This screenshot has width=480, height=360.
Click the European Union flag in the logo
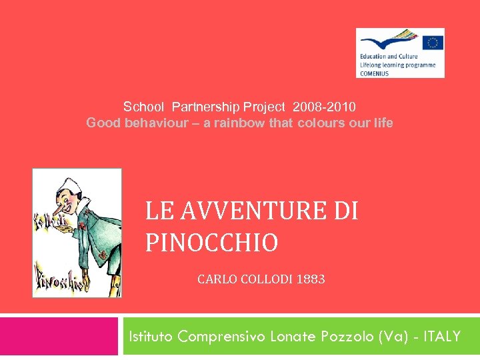tap(433, 42)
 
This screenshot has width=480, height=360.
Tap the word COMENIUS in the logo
tap(376, 73)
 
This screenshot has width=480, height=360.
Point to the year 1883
tap(311, 279)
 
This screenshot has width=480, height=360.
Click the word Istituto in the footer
tap(151, 337)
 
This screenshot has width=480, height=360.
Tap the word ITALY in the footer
tap(441, 337)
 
